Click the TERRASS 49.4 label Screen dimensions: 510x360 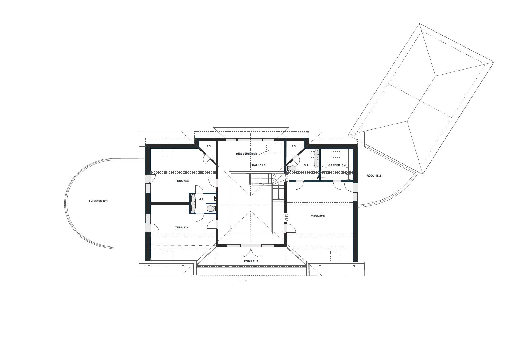pyautogui.click(x=98, y=201)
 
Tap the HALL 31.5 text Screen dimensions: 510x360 pyautogui.click(x=259, y=165)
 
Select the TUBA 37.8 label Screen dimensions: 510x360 pyautogui.click(x=318, y=216)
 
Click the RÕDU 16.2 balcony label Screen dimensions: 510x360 pyautogui.click(x=374, y=176)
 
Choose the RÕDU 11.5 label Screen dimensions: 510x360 pyautogui.click(x=251, y=261)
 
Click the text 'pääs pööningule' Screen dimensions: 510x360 pyautogui.click(x=247, y=154)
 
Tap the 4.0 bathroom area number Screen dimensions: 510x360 pyautogui.click(x=201, y=199)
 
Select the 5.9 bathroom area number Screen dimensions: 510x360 pyautogui.click(x=306, y=165)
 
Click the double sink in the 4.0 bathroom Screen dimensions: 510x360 pyautogui.click(x=193, y=203)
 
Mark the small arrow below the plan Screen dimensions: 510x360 pyautogui.click(x=243, y=281)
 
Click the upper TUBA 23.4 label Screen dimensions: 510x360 pyautogui.click(x=182, y=181)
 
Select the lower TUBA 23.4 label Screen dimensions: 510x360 pyautogui.click(x=182, y=227)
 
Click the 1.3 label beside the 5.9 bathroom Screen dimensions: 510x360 pyautogui.click(x=293, y=146)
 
